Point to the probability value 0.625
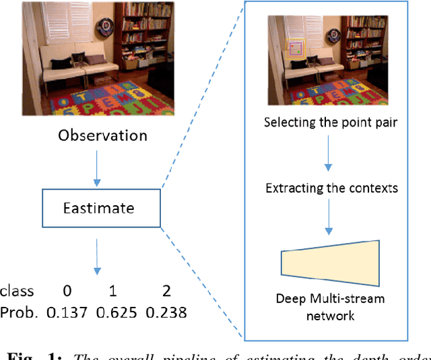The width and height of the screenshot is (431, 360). [x=117, y=312]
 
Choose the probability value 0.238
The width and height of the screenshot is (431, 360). [x=166, y=312]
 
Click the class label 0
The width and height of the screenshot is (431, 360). [x=67, y=291]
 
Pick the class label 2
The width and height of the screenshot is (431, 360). [x=166, y=291]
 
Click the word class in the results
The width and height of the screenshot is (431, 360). [x=18, y=291]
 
